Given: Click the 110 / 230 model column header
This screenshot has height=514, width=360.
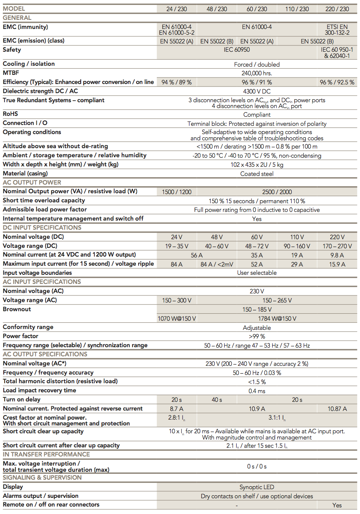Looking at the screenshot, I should (x=297, y=9).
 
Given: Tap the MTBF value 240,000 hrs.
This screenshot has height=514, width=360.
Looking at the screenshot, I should (x=257, y=73).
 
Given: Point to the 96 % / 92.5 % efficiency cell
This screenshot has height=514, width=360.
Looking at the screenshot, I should (x=337, y=82).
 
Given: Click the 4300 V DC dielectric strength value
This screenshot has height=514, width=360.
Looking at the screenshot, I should (x=257, y=91).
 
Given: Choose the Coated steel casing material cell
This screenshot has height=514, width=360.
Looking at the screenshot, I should (x=257, y=174).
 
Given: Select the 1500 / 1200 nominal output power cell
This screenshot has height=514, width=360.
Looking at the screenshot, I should (x=177, y=192).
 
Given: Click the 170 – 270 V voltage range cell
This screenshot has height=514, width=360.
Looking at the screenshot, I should (x=337, y=246).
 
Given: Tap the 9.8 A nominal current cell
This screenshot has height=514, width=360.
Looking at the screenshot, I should (x=337, y=255).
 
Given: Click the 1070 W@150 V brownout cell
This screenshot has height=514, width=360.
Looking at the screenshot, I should (x=177, y=319).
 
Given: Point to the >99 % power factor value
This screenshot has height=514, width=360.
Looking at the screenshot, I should (x=257, y=336).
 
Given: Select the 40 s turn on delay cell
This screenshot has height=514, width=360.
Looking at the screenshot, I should (x=217, y=400).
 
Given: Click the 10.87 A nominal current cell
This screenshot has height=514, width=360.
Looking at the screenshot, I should (x=337, y=409).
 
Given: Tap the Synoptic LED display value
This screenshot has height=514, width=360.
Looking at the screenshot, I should (x=257, y=487).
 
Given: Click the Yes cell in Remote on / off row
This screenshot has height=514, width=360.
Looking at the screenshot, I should (x=337, y=505).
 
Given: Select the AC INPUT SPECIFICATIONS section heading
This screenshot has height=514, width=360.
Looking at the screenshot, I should (x=42, y=282).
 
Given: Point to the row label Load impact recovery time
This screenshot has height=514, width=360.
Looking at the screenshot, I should (x=39, y=390).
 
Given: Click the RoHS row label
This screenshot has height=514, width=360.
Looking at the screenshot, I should (x=10, y=114).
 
